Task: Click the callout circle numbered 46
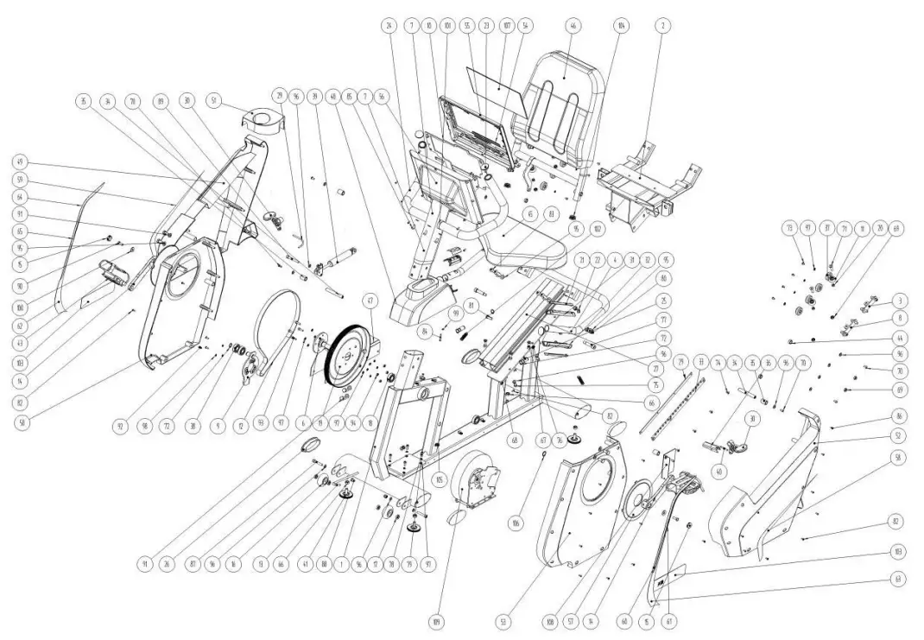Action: [572, 27]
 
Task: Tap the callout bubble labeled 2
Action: [662, 27]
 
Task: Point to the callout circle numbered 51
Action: [214, 100]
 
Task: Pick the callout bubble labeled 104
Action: [620, 27]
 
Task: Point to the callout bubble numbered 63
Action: [899, 579]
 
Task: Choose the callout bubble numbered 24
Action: [389, 27]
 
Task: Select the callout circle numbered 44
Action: [899, 337]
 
